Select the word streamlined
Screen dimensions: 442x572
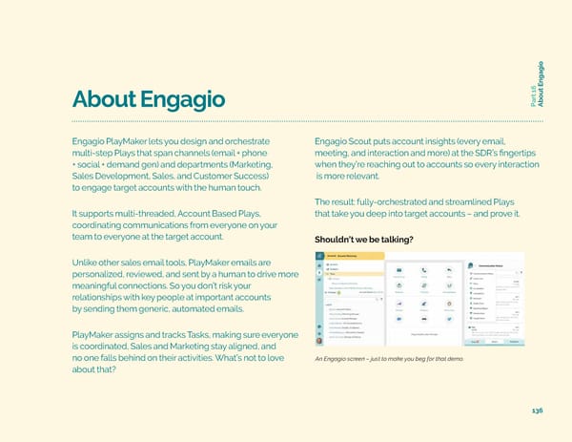tap(486, 200)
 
